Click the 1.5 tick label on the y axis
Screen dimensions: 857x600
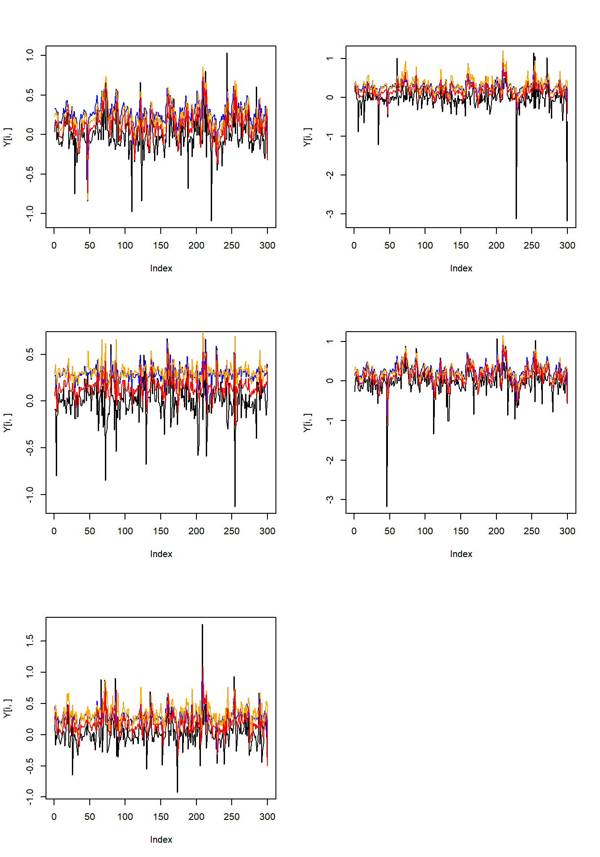[x=29, y=641]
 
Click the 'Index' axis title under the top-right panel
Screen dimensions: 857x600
[x=461, y=268]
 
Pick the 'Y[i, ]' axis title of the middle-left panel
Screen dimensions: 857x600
[x=8, y=422]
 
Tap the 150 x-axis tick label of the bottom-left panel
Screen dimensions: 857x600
[x=161, y=816]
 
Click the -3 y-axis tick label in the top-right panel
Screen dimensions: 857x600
[x=329, y=214]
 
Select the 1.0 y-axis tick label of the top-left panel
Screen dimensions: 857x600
[x=29, y=55]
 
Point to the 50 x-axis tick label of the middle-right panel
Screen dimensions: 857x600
[x=389, y=531]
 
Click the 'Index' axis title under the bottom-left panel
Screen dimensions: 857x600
[x=161, y=840]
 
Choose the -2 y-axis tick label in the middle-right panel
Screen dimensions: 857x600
[x=329, y=460]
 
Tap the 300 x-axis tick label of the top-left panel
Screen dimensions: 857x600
[x=267, y=245]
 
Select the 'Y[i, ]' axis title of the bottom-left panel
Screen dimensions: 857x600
[x=8, y=708]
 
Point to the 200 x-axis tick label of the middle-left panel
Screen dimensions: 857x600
[x=196, y=531]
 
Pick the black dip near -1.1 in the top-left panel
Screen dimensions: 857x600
[x=211, y=220]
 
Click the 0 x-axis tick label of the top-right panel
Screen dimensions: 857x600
[x=354, y=245]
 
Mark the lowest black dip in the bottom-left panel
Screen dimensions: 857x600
[x=177, y=791]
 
